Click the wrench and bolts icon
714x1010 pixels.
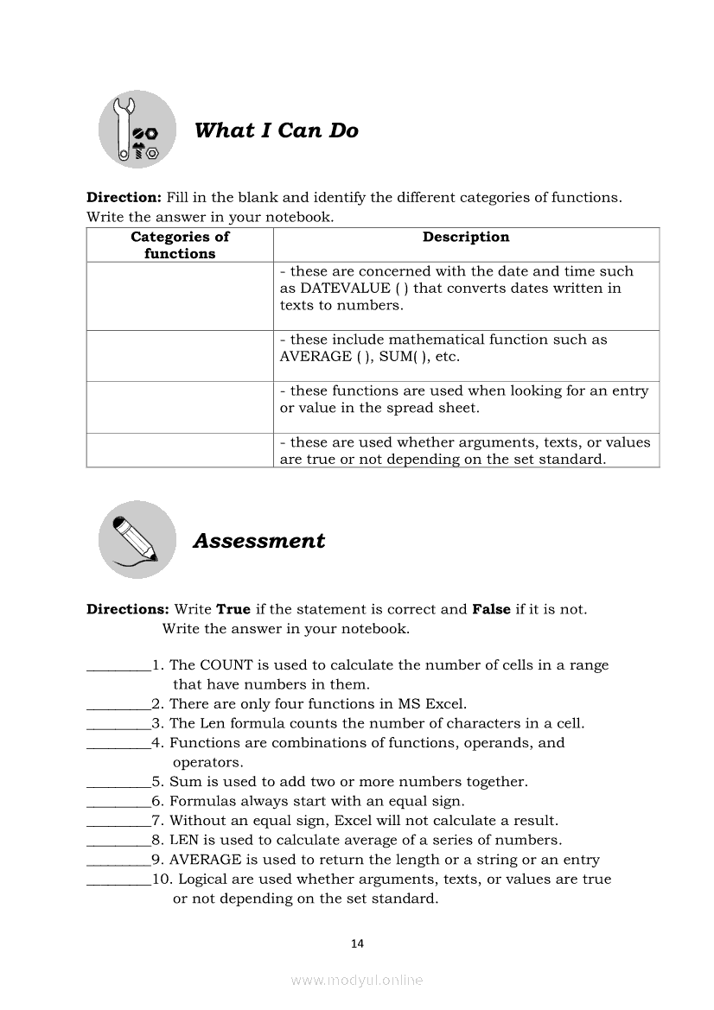(137, 130)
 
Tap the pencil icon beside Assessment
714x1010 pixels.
(137, 540)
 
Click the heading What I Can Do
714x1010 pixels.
(276, 130)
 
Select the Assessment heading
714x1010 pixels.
(258, 541)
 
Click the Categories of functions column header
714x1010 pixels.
(180, 245)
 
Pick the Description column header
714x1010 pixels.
(466, 237)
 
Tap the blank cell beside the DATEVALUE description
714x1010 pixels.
(180, 295)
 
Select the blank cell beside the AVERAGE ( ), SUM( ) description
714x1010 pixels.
(180, 356)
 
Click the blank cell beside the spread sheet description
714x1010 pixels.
(180, 407)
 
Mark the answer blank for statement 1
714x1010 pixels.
(118, 667)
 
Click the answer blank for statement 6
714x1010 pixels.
(118, 803)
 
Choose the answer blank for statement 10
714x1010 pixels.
(118, 880)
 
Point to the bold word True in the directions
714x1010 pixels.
(233, 609)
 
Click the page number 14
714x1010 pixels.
(357, 943)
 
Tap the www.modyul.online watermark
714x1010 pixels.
(357, 980)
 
